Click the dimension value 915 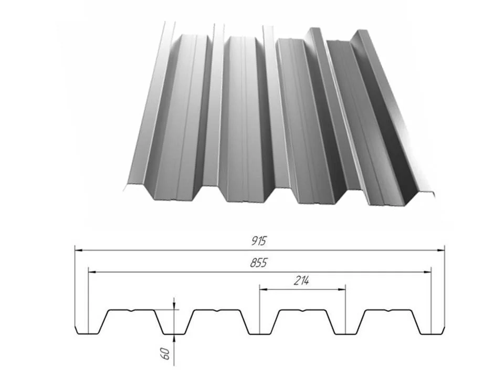pos(259,241)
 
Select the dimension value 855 pos(259,263)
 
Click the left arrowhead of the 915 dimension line pos(79,250)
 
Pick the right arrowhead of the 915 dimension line pos(440,250)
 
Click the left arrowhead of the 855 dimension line pos(92,272)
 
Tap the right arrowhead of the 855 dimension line pos(427,272)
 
